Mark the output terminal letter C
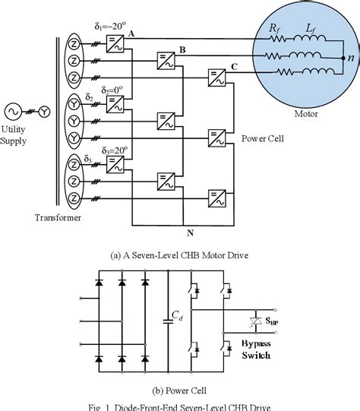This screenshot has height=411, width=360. (x=233, y=65)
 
